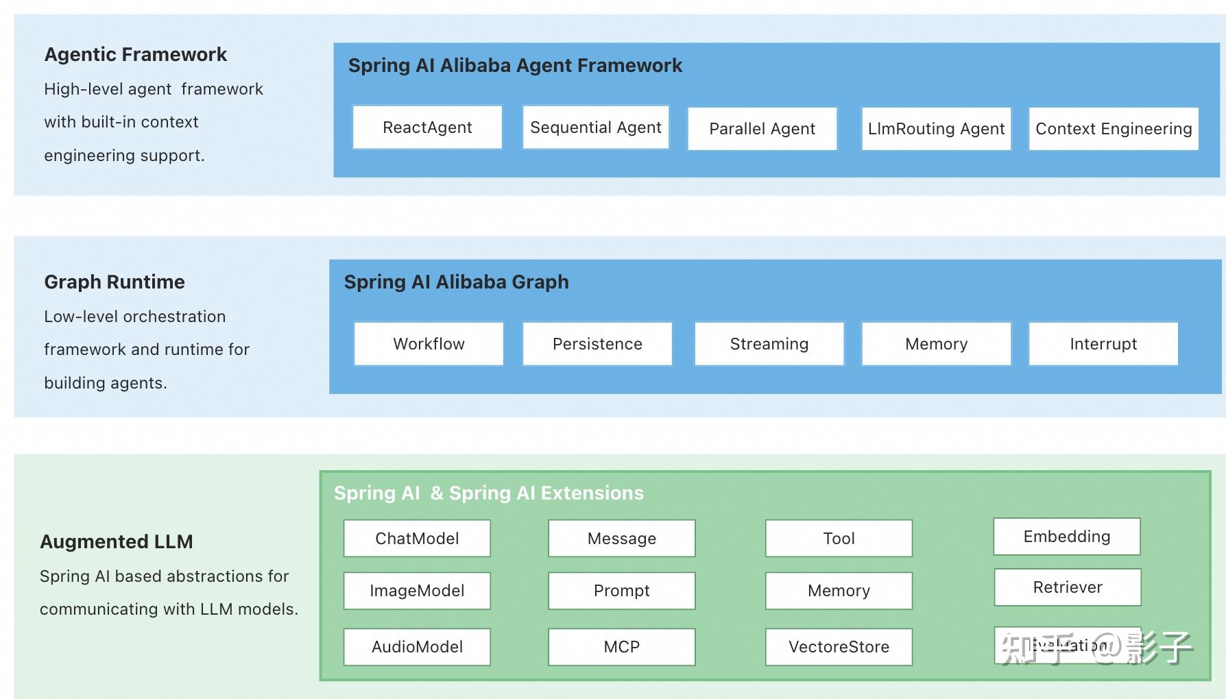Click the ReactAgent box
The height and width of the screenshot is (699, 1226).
[427, 127]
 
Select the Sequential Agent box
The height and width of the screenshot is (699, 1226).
[595, 127]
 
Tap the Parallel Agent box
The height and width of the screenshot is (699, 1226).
[762, 129]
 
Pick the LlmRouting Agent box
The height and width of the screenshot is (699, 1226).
[936, 129]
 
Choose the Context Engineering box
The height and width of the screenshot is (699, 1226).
[1114, 129]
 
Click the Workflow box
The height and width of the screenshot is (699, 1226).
[429, 344]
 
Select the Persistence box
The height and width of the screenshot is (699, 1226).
[597, 344]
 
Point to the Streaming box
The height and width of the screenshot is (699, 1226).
[769, 344]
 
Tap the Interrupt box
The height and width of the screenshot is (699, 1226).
[1103, 344]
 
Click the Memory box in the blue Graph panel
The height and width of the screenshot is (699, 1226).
[936, 344]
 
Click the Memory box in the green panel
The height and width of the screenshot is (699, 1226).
[839, 591]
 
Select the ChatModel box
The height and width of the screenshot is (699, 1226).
[417, 539]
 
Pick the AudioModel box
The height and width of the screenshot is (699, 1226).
[417, 647]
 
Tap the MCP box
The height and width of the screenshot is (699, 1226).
[621, 647]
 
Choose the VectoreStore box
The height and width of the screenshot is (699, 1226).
[839, 647]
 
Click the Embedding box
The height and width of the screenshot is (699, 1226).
[1066, 537]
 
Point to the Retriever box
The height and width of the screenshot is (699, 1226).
[1068, 587]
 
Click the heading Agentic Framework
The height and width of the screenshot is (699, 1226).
[135, 55]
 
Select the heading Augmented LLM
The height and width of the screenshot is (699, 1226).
[117, 542]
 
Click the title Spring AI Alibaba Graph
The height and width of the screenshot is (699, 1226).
[456, 282]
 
